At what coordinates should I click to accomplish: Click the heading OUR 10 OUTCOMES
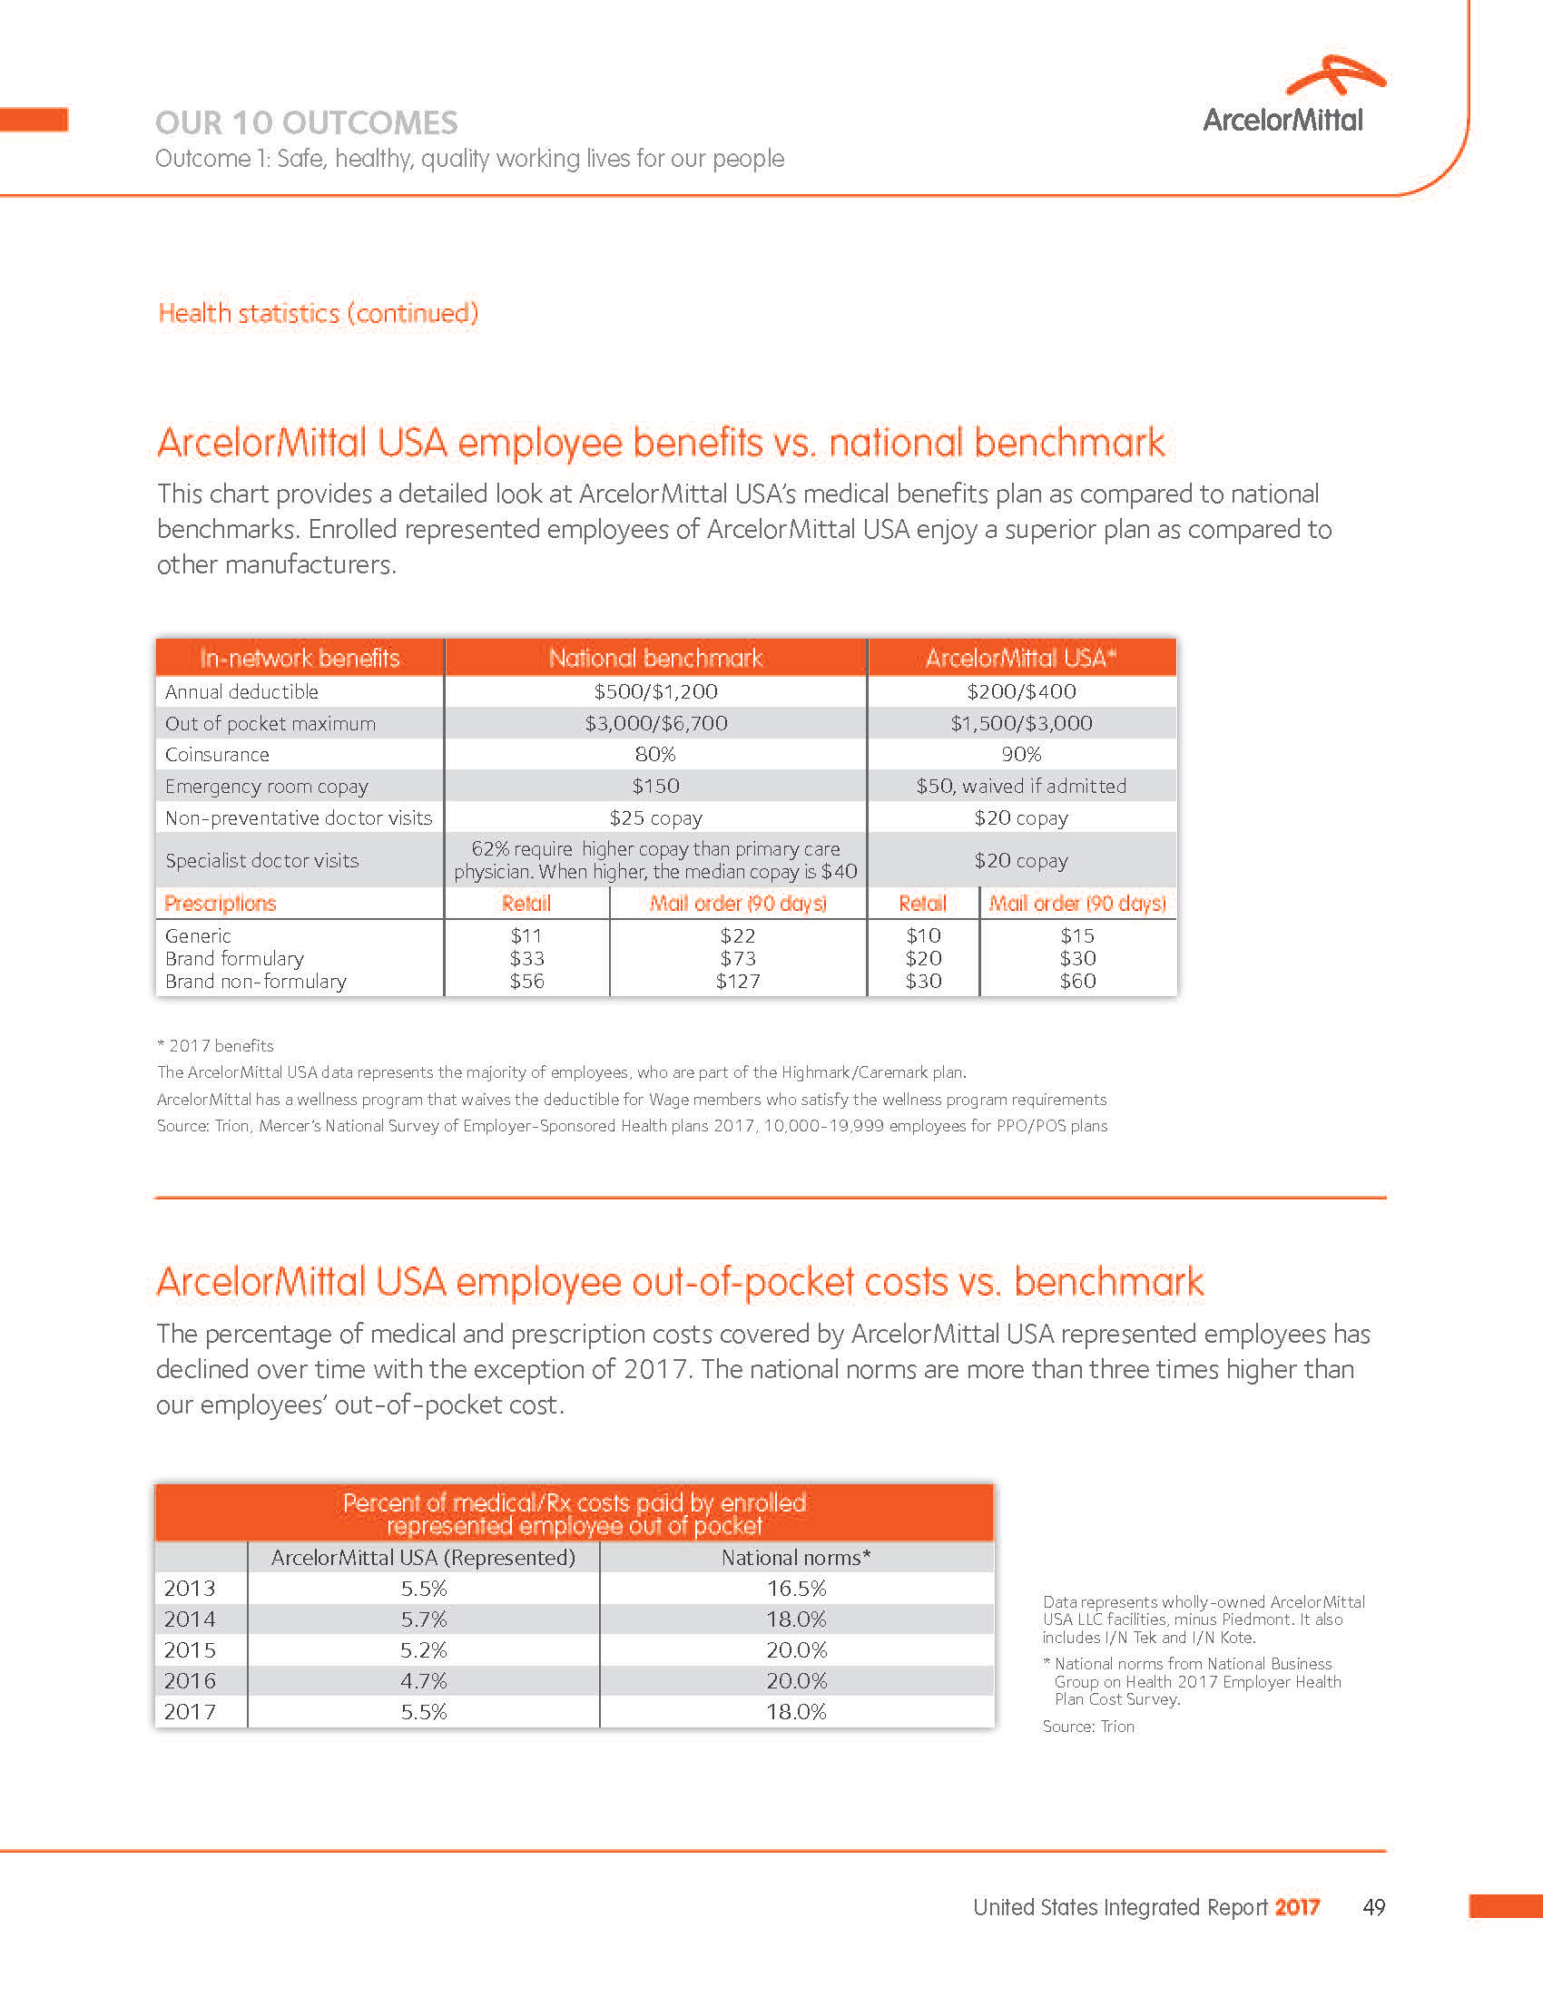[306, 122]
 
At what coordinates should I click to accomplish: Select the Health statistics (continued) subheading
[318, 314]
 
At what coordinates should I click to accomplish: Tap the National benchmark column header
[655, 658]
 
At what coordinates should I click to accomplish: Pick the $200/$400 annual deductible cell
[1021, 692]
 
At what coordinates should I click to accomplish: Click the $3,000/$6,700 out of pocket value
[655, 724]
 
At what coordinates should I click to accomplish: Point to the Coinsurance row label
[218, 755]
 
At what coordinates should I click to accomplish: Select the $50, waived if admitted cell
[1021, 786]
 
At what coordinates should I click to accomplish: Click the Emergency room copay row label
[266, 786]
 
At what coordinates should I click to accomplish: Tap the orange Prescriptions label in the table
[221, 904]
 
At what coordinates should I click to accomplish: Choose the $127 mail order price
[737, 982]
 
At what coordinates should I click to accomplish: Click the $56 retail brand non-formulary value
[526, 982]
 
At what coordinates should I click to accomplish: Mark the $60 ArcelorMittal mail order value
[1077, 982]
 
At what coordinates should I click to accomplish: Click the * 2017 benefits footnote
[216, 1045]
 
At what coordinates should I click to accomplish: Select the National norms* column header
[795, 1557]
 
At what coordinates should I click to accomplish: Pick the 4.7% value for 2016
[423, 1680]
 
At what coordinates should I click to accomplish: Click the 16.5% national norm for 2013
[795, 1589]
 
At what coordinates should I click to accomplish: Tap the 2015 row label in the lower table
[189, 1650]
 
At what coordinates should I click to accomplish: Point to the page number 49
[1373, 1907]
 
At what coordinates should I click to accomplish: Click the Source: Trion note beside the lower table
[1087, 1727]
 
